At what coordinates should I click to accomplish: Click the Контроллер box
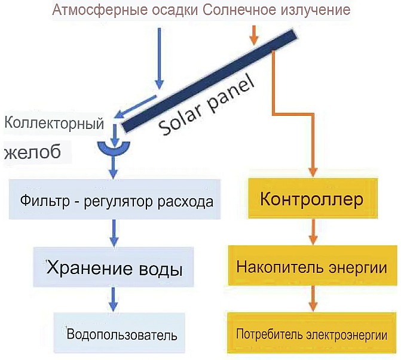tap(313, 198)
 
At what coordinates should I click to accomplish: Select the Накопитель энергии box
tap(313, 266)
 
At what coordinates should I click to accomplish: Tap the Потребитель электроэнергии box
tap(311, 333)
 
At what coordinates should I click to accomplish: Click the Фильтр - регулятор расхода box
tap(115, 199)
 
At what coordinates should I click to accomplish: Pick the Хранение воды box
tap(114, 267)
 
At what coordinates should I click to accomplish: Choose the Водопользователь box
tap(119, 333)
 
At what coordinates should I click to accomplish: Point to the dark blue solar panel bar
tap(209, 81)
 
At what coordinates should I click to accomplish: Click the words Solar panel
tap(207, 105)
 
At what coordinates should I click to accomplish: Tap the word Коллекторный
tap(54, 124)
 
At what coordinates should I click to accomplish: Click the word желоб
tap(32, 151)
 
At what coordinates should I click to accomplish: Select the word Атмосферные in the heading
tap(100, 10)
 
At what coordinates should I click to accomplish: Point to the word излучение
tap(316, 10)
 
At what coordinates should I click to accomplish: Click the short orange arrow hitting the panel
tap(254, 35)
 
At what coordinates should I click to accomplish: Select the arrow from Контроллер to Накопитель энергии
tap(313, 232)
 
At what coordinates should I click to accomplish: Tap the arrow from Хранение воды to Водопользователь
tap(114, 299)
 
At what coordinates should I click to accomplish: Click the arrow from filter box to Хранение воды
tap(114, 232)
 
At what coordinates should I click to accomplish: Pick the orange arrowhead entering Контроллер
tap(313, 173)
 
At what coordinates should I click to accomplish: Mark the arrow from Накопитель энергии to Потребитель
tap(313, 299)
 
